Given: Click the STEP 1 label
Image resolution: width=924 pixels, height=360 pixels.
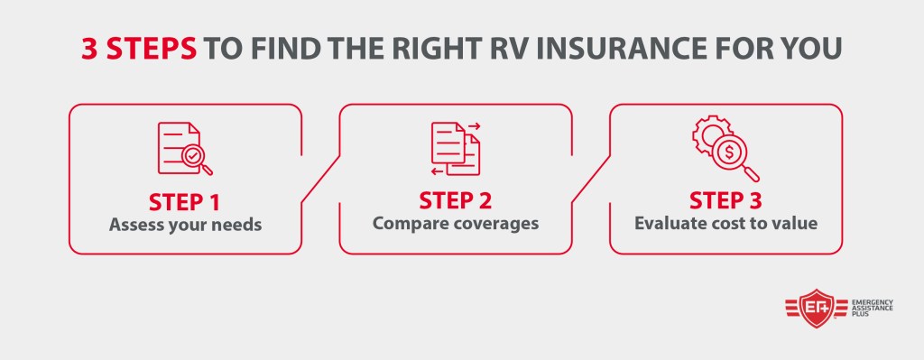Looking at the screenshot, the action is coord(184,202).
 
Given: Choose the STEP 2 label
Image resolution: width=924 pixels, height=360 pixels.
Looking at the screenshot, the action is coord(455,201).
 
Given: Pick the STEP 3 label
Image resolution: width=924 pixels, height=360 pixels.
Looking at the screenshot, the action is coord(725,201).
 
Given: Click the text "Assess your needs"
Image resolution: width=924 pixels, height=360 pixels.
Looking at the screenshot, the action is coord(185,225).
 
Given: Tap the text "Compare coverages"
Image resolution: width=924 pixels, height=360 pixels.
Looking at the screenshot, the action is coord(456,224).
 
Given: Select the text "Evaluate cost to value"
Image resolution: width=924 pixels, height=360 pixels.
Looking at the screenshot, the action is coord(725,224).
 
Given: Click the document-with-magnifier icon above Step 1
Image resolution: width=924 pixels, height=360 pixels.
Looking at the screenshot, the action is coord(184,149).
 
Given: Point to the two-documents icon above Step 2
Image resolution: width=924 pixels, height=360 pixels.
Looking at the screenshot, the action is coord(456,149).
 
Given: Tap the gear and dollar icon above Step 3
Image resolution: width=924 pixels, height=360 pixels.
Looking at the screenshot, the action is coord(725,148).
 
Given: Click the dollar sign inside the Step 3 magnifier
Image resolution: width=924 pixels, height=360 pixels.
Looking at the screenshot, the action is coord(729,152).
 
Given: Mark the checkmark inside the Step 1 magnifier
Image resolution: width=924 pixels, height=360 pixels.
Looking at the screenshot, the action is coord(192,156).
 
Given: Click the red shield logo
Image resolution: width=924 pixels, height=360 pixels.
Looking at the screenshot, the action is coord(816,309).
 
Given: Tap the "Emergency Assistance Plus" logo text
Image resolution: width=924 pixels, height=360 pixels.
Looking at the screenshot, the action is coord(873,309).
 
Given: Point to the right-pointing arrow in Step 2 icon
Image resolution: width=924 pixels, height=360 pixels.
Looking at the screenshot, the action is coord(474,125).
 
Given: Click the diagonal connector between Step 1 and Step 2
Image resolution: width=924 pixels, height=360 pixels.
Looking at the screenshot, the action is coord(320,180).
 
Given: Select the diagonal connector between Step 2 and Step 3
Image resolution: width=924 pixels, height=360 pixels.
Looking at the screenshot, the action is coord(591,180).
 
